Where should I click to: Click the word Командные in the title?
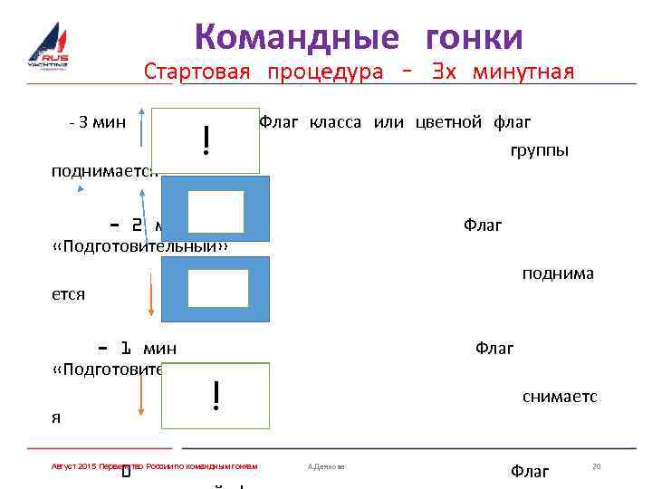pyautogui.click(x=296, y=37)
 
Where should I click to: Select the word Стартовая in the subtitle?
pyautogui.click(x=197, y=72)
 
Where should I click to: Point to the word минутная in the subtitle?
pyautogui.click(x=528, y=72)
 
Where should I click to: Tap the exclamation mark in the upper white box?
pyautogui.click(x=207, y=139)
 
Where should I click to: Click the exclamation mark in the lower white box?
pyautogui.click(x=216, y=395)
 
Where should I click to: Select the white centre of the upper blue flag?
pyautogui.click(x=216, y=211)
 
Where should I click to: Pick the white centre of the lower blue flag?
pyautogui.click(x=217, y=289)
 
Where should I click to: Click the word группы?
pyautogui.click(x=540, y=150)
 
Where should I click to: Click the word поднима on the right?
pyautogui.click(x=558, y=273)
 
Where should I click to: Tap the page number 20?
pyautogui.click(x=596, y=465)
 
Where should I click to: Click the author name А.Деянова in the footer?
pyautogui.click(x=327, y=466)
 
